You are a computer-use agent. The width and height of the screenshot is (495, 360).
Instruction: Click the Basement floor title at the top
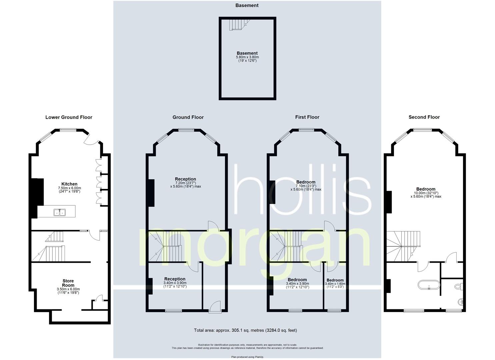[x=247, y=5]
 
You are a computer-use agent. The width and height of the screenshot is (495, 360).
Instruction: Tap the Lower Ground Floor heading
[x=69, y=117]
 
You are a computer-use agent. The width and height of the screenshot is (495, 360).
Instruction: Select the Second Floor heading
[x=424, y=117]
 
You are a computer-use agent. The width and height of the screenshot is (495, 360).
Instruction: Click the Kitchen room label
[x=69, y=184]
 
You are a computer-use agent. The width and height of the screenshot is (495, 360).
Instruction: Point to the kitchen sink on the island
[x=60, y=212]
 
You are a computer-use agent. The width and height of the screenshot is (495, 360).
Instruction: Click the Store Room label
[x=68, y=283]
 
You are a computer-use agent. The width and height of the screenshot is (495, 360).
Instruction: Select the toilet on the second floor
[x=458, y=286]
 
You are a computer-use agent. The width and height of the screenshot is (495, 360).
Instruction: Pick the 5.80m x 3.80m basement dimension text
[x=247, y=57]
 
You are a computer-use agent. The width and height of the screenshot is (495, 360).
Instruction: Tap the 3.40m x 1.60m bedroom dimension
[x=335, y=284]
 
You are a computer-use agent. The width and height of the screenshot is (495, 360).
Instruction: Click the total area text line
[x=245, y=330]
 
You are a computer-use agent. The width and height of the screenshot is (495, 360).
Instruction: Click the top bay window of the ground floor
[x=185, y=130]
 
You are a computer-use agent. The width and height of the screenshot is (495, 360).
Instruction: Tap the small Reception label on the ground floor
[x=175, y=279]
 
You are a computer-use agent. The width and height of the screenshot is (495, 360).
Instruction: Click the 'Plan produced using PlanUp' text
[x=247, y=357]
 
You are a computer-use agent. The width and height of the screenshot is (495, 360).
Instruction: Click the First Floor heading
[x=307, y=117]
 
